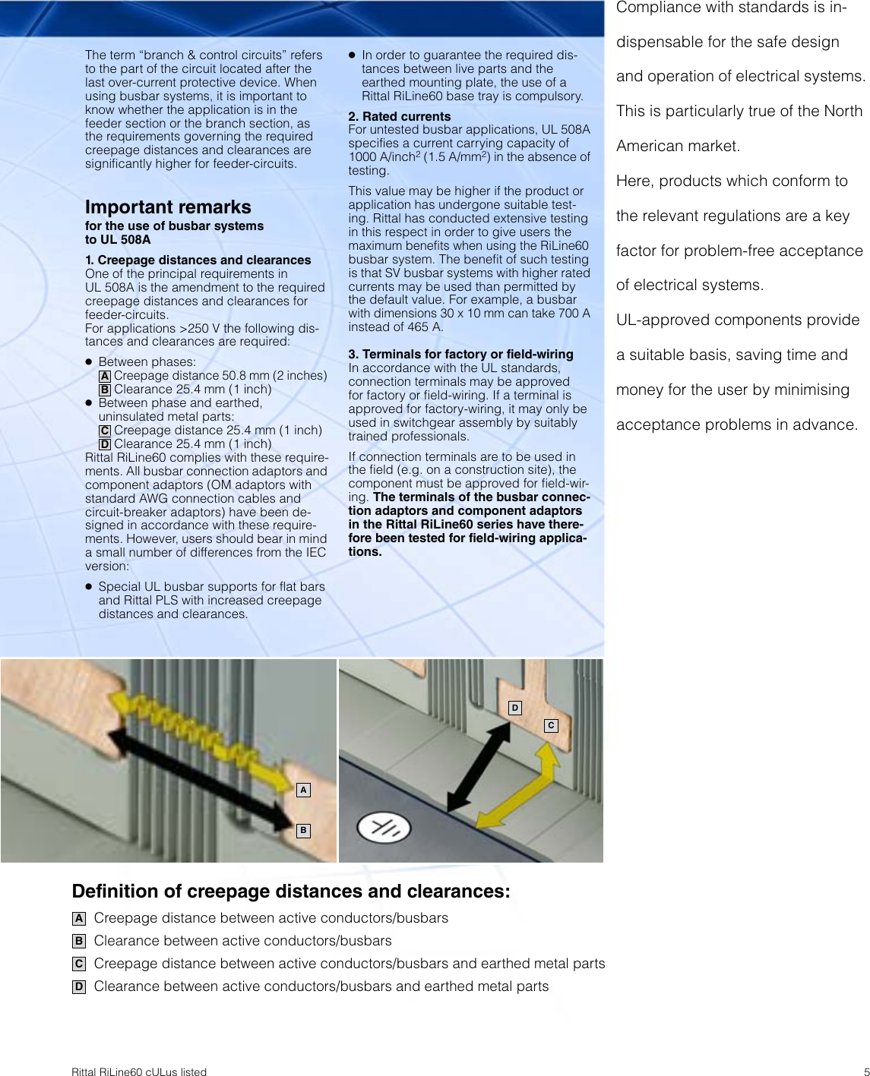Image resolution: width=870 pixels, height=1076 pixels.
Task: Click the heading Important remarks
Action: (168, 207)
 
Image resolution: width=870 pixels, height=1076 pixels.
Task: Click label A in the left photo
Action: (303, 790)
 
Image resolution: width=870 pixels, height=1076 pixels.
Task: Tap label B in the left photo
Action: (303, 831)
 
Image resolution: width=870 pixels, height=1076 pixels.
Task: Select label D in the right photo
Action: (515, 708)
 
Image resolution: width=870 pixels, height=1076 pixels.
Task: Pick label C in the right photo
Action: (551, 726)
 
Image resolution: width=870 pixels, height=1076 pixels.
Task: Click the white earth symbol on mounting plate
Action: (384, 828)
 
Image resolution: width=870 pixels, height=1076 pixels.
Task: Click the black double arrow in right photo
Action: (479, 767)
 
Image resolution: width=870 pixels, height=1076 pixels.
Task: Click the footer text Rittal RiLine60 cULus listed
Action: (139, 1071)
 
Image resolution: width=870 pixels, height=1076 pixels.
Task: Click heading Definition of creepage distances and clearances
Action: (291, 891)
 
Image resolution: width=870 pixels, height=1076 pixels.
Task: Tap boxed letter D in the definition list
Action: (79, 986)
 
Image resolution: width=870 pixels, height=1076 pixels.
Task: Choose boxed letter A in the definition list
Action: (79, 918)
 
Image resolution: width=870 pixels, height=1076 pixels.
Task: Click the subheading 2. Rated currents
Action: (400, 116)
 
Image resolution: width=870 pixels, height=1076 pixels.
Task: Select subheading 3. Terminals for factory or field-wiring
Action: (460, 354)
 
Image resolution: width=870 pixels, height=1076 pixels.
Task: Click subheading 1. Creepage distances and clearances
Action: (198, 260)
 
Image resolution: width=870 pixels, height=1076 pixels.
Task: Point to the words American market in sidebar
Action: (678, 146)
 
